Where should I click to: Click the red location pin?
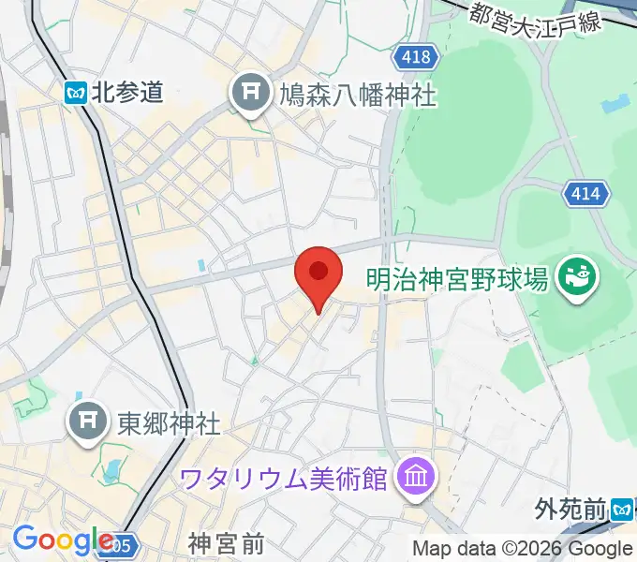[x=318, y=274]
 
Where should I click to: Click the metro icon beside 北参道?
[x=77, y=92]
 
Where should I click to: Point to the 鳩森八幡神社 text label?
[x=358, y=94]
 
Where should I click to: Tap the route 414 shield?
[x=587, y=195]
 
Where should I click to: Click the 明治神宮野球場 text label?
[x=456, y=278]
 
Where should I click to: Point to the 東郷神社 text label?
[x=169, y=423]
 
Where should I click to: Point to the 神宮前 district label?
[x=226, y=543]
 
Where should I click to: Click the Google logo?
[x=64, y=540]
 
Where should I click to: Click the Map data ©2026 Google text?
[x=523, y=549]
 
